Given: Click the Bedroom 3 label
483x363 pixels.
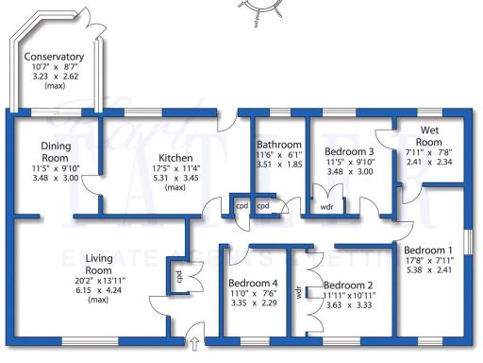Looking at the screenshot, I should pos(348,151).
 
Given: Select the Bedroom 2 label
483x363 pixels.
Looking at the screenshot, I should pos(348,285).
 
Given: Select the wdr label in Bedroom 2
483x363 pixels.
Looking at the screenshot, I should pos(300,293).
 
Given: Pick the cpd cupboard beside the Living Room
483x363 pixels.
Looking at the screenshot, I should pos(176,277).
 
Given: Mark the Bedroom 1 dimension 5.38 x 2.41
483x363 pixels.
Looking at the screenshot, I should pos(429,268).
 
